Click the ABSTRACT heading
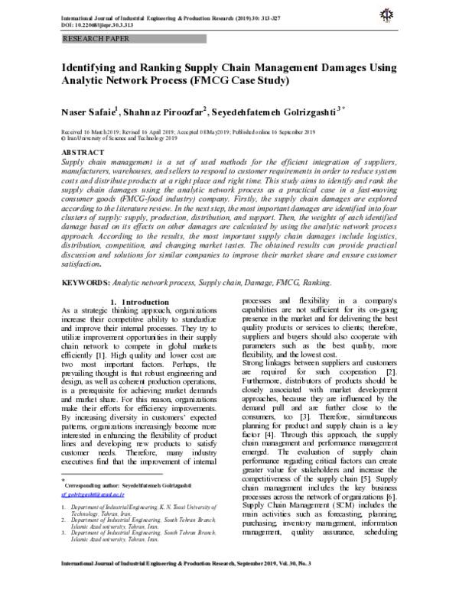(84, 154)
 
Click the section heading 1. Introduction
(143, 303)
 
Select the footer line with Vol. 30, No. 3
(229, 584)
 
